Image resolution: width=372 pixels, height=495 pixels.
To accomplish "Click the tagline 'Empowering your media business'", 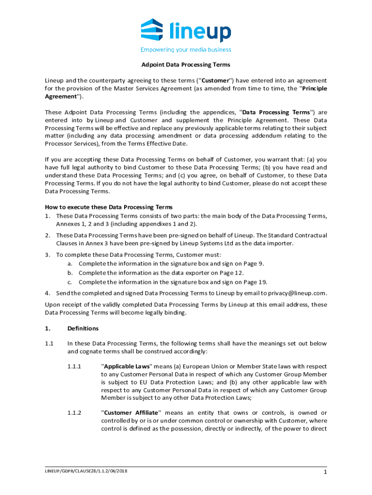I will (186, 49).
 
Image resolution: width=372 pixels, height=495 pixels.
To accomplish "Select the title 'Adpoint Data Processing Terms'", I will (186, 64).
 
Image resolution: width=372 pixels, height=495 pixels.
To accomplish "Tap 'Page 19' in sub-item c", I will (255, 282).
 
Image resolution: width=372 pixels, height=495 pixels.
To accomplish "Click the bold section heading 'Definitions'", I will (83, 329).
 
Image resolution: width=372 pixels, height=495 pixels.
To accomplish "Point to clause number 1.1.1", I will (75, 366).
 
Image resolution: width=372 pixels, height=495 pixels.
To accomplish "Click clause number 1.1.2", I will (75, 413).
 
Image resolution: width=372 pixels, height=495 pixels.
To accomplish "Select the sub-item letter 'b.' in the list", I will (70, 273).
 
